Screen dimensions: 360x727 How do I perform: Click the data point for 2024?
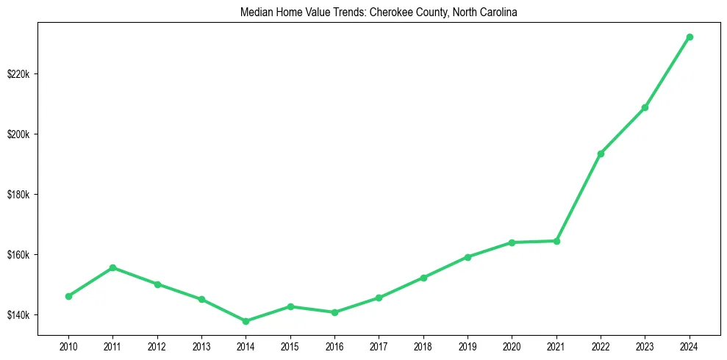tap(690, 37)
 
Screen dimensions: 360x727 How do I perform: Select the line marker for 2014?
tap(246, 321)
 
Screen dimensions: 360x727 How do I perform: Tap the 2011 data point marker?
tap(112, 267)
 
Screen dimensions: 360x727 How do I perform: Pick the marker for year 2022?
tap(601, 154)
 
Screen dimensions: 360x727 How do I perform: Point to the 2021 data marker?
tap(556, 241)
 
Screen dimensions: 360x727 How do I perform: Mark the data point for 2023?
tap(645, 107)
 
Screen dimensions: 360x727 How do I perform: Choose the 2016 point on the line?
tap(334, 312)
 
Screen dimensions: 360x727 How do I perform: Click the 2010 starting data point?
tap(68, 296)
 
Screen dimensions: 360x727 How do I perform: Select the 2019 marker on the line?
tap(468, 257)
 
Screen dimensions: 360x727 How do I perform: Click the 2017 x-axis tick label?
tap(379, 346)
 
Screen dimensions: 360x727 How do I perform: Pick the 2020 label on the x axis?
tap(512, 346)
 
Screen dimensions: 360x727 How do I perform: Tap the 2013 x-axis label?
tap(201, 346)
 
